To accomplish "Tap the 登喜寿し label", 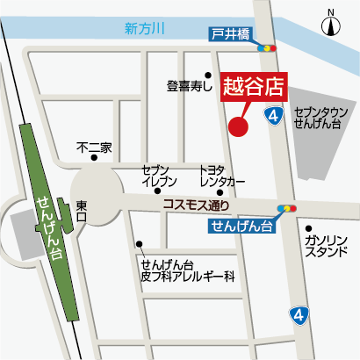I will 189,86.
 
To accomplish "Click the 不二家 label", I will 94,148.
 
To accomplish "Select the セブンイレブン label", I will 159,176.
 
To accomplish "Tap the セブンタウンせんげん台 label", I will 318,119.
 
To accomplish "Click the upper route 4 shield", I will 275,116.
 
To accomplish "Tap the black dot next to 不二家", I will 95,158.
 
